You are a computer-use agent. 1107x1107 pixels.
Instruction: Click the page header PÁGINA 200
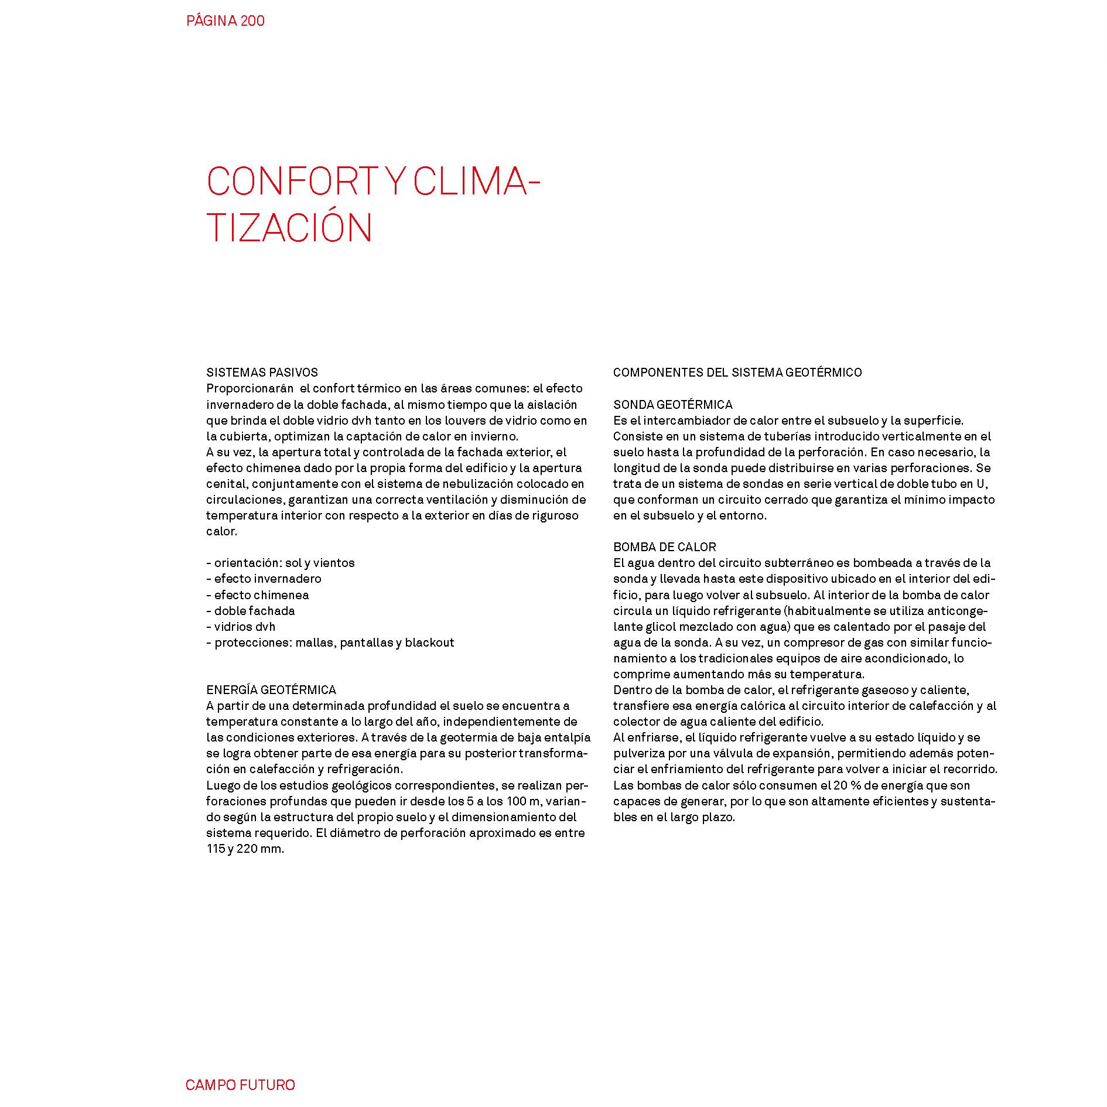225,21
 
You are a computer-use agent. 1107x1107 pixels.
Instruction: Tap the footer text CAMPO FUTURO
240,1085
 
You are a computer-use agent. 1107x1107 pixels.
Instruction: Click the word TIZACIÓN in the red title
289,228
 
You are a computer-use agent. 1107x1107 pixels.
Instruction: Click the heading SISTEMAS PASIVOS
262,373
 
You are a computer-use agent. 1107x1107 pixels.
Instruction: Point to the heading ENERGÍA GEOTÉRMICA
271,690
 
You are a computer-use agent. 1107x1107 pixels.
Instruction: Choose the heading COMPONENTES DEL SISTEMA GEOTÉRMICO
737,373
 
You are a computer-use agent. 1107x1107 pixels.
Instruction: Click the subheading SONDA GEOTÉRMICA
672,405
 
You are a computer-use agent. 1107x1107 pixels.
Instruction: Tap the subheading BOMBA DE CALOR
664,547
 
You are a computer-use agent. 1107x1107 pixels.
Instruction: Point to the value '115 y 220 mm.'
245,849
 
